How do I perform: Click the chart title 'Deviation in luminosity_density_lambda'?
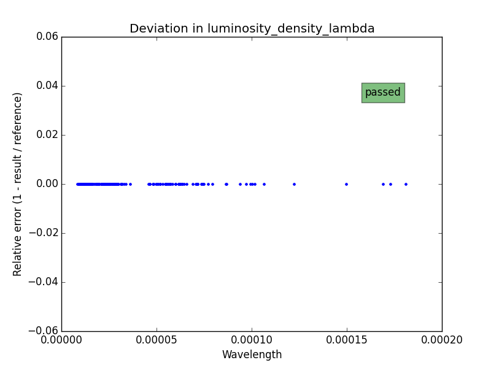(252, 29)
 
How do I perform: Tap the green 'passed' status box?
(383, 93)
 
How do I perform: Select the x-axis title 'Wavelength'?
(252, 355)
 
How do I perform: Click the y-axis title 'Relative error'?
(18, 184)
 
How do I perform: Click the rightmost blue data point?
(406, 184)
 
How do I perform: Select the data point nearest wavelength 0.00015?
(346, 184)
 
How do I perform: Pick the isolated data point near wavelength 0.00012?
(294, 184)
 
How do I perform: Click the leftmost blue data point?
(77, 184)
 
